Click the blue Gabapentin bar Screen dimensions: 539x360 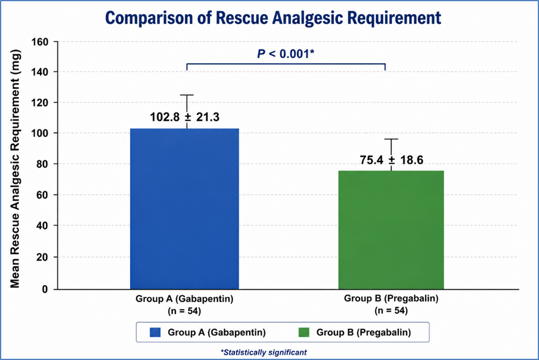[184, 209]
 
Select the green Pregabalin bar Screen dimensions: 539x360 [391, 230]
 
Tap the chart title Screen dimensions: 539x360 [273, 18]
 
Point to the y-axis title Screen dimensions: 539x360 [15, 169]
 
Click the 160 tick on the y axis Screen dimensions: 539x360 [40, 42]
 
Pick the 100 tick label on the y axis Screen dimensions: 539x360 [40, 133]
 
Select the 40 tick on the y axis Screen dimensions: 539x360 [42, 226]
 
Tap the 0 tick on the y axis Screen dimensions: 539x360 [45, 289]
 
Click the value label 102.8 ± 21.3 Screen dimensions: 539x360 [185, 117]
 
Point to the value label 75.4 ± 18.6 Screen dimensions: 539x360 [392, 160]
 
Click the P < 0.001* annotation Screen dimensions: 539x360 [286, 54]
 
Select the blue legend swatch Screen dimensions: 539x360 [156, 332]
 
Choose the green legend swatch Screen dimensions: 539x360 [304, 332]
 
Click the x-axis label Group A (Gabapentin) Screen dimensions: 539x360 [184, 299]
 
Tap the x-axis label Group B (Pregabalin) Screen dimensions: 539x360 [391, 298]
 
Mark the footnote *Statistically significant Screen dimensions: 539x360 [264, 352]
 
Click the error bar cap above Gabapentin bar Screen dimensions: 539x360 [187, 95]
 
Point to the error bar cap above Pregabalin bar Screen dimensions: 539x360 [391, 139]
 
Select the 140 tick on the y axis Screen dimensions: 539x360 [40, 72]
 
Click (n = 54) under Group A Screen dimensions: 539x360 [184, 311]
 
